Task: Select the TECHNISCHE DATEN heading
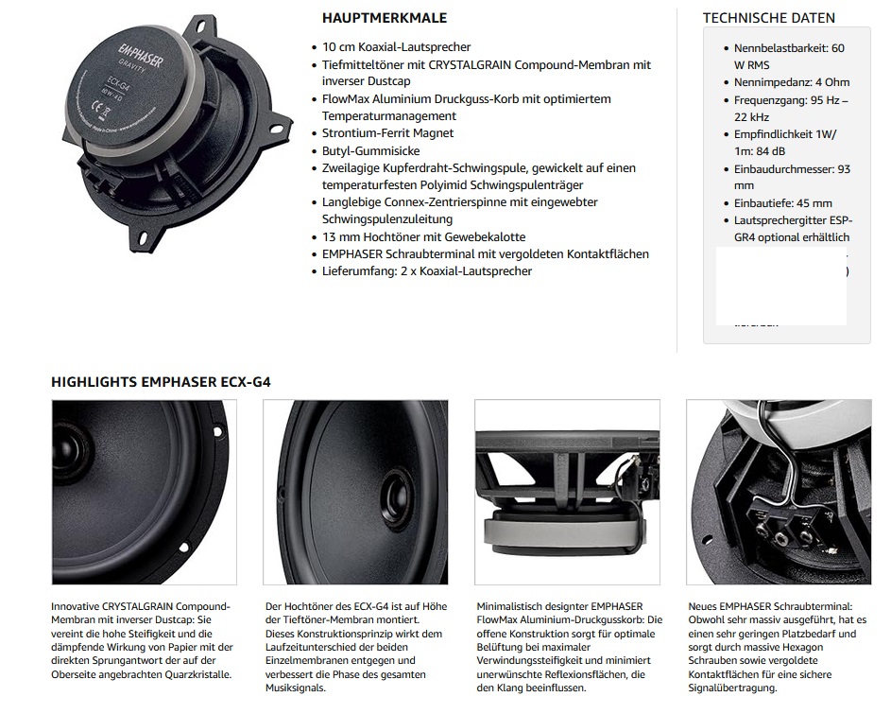(768, 18)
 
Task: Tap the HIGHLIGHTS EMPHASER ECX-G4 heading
(161, 382)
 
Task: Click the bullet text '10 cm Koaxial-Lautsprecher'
(396, 47)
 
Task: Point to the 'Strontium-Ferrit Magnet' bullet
(387, 133)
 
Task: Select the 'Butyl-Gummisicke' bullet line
(370, 150)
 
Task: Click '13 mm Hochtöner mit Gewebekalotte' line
(423, 236)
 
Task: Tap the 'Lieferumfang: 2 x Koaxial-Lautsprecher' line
(426, 270)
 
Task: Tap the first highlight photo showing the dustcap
(144, 493)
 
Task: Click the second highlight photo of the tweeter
(355, 493)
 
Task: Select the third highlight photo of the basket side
(567, 493)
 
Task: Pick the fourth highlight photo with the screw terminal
(779, 493)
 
